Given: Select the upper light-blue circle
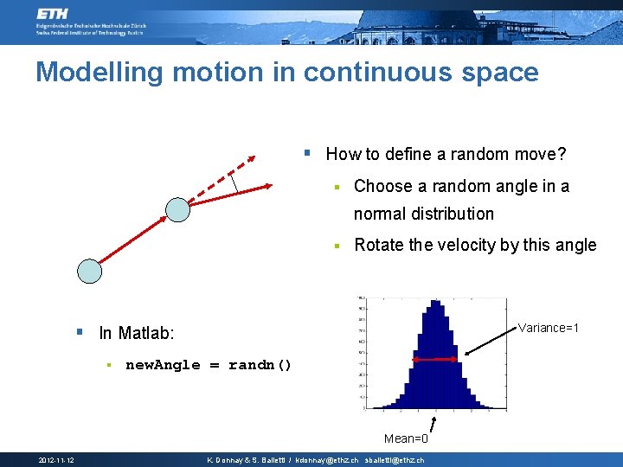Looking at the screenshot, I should tap(177, 209).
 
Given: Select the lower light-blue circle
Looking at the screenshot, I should tap(89, 271).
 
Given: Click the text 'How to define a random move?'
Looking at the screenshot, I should tap(446, 155).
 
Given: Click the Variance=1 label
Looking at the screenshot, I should tap(548, 328).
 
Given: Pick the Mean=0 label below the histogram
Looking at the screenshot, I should tap(406, 438).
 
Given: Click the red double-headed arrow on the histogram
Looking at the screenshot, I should tap(434, 358).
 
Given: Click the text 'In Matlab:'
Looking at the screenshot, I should tap(137, 333).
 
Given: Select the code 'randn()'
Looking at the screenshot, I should tap(260, 365).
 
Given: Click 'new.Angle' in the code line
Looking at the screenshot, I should tap(163, 365).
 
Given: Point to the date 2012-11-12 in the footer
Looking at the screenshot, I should tap(55, 460).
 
